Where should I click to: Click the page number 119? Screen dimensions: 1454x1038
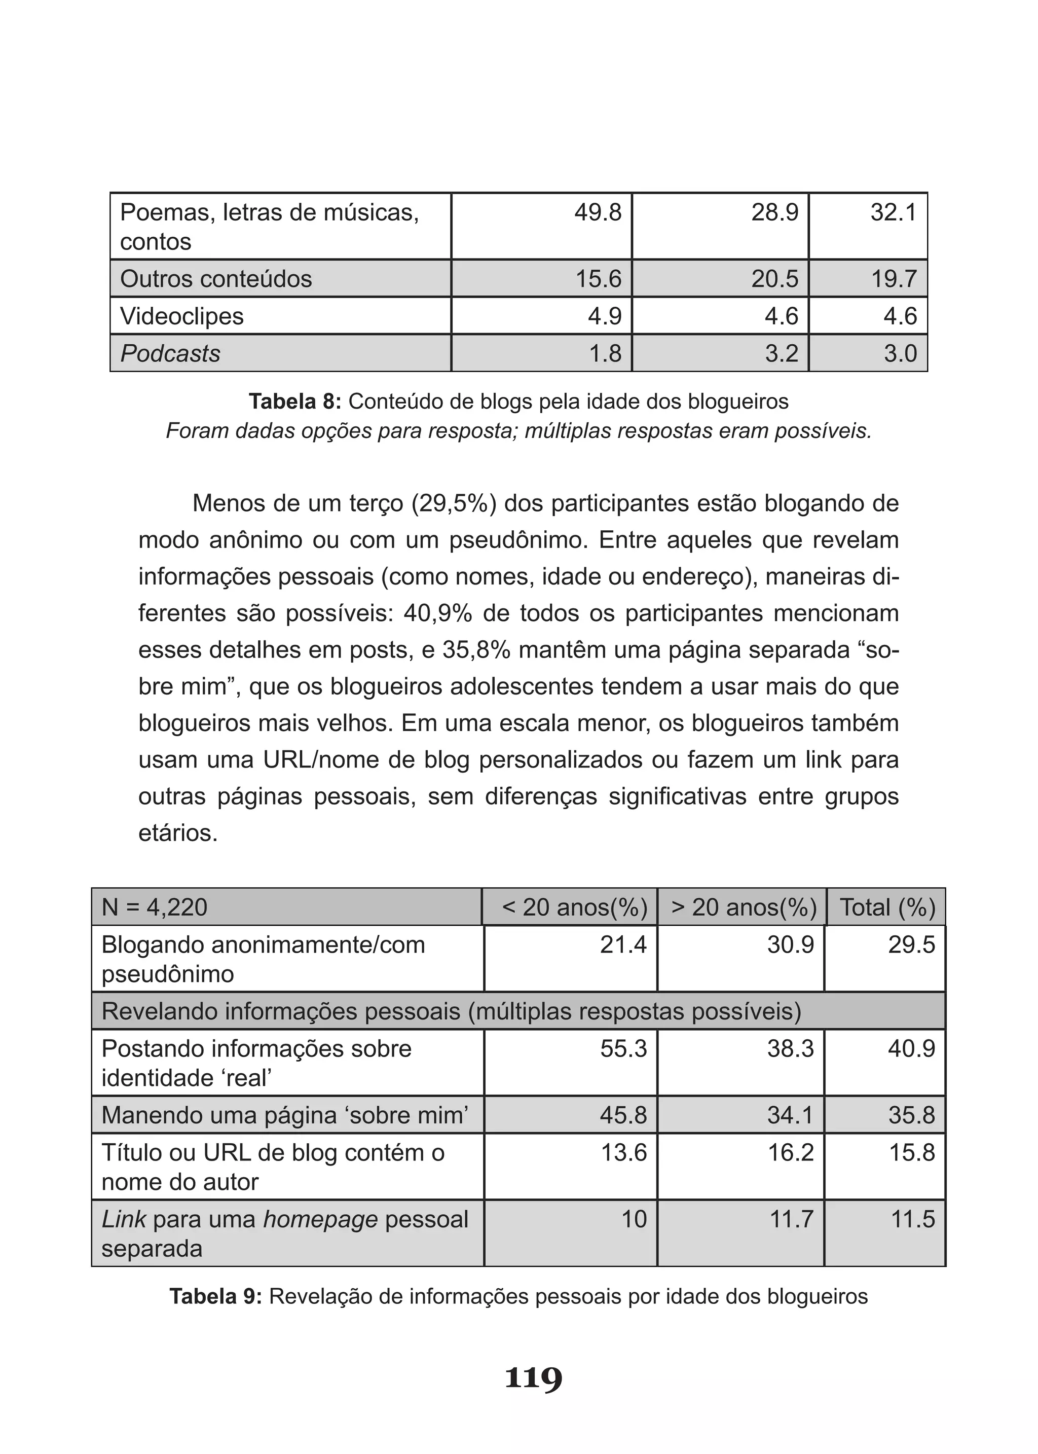tap(533, 1378)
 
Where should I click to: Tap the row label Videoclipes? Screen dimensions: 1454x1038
tap(182, 316)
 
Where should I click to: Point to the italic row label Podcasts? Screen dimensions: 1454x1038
tap(171, 353)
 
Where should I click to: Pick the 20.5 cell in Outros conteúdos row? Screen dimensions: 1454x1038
tap(774, 279)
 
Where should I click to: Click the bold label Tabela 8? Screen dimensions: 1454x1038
tap(295, 402)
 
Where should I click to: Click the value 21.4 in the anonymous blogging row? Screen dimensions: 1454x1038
tap(623, 944)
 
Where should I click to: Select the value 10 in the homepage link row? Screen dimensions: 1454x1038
tap(634, 1219)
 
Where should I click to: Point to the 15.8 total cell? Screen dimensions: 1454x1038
tap(912, 1153)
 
